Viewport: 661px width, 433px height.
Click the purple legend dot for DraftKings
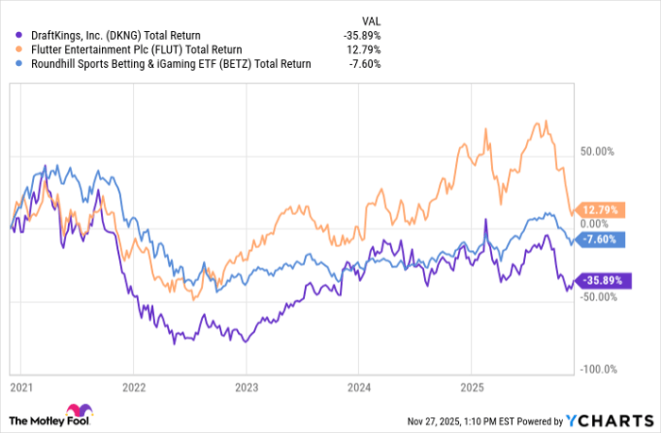click(x=11, y=36)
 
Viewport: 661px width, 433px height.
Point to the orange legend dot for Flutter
click(x=11, y=50)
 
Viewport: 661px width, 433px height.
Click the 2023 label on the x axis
click(x=246, y=387)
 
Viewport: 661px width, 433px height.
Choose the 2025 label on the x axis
click(x=471, y=387)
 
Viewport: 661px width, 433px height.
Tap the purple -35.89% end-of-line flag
click(x=600, y=280)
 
